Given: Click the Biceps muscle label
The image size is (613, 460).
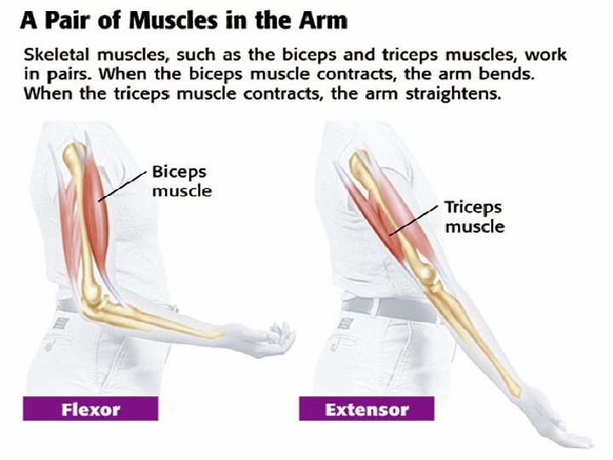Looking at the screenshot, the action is (x=181, y=181).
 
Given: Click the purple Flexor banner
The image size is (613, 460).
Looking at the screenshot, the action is (x=95, y=410).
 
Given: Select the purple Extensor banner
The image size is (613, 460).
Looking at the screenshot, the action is (x=366, y=410).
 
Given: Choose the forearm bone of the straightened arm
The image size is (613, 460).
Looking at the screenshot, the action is (x=477, y=349).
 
